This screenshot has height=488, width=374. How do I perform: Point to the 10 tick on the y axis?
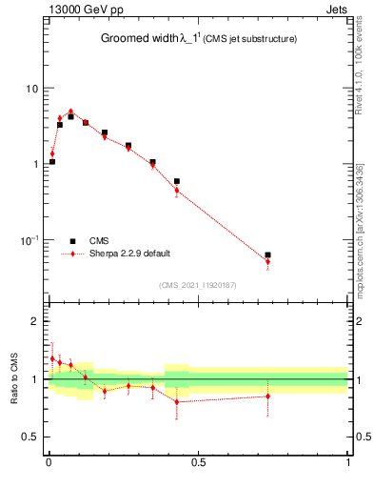point(30,89)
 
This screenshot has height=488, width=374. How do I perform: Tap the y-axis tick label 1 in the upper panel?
point(34,164)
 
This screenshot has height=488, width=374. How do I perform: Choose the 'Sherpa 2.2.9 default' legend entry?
point(128,254)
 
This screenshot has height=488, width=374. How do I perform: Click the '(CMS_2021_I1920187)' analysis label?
point(198,284)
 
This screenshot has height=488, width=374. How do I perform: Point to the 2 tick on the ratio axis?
point(34,321)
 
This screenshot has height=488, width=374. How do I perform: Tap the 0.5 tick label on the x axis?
point(198,465)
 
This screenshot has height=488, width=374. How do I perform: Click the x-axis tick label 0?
point(49,465)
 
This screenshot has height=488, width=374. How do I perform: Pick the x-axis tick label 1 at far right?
point(348,465)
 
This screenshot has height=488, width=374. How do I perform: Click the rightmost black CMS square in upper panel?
point(267,255)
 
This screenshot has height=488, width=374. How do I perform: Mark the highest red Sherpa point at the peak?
point(70,112)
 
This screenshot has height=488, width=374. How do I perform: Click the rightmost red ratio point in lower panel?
point(267,396)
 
